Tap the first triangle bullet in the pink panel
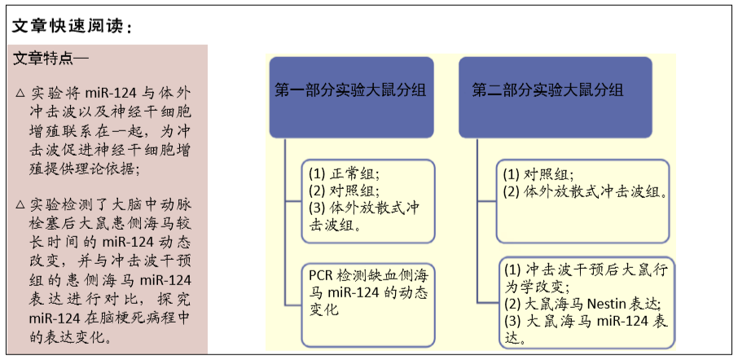20,93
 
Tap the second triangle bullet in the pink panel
20,204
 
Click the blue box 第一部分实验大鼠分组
351,98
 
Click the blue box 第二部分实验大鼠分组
556,98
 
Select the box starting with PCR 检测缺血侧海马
368,305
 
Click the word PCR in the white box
318,274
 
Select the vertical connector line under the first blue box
285,222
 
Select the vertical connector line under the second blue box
477,219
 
